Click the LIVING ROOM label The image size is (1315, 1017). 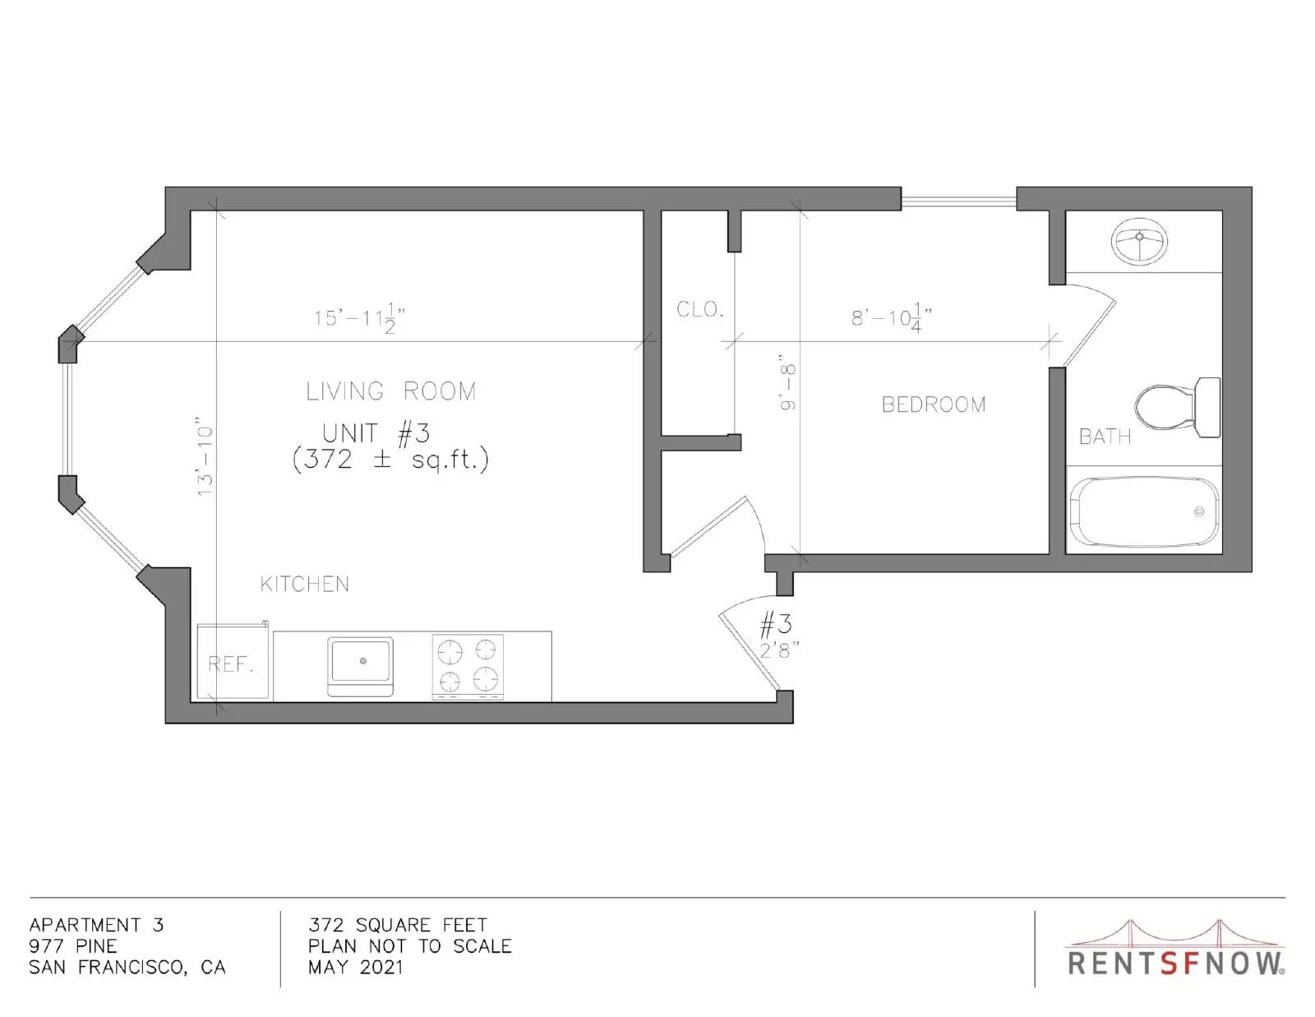[x=391, y=391]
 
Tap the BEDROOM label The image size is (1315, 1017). [x=933, y=404]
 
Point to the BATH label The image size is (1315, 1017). [x=1105, y=437]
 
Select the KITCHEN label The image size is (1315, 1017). [x=304, y=585]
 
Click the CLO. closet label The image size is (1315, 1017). [x=699, y=309]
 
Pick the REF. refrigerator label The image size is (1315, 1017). [x=231, y=664]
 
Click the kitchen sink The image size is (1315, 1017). [x=361, y=667]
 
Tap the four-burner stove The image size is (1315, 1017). [x=468, y=667]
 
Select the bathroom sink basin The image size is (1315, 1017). [x=1139, y=241]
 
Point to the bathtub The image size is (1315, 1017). [x=1144, y=512]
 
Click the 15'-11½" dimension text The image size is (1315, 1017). [x=359, y=319]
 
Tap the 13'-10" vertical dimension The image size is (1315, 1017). [x=205, y=456]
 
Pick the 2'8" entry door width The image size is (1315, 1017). [x=779, y=650]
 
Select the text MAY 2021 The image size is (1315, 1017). [x=355, y=967]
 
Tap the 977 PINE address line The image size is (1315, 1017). [x=72, y=945]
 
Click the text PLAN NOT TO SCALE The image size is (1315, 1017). [x=409, y=945]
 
